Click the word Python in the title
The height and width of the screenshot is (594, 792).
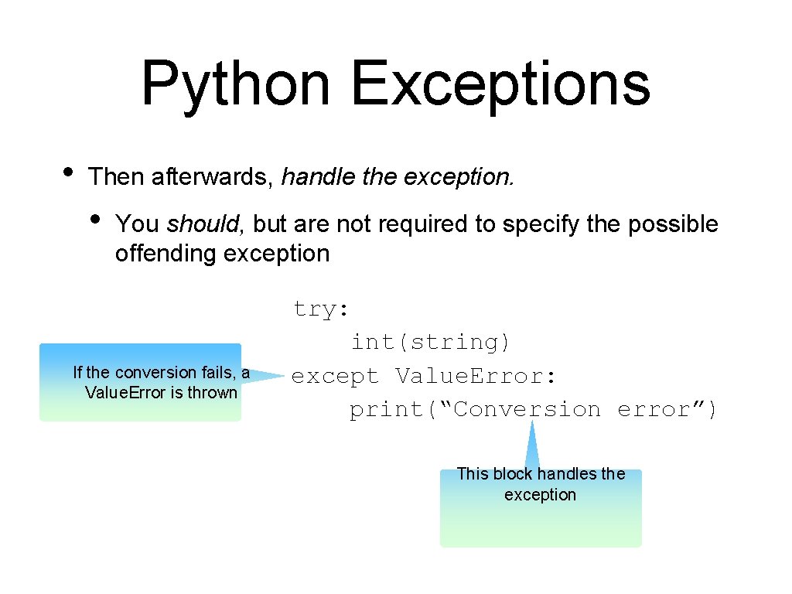(x=235, y=85)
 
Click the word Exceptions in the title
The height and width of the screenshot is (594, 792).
(x=500, y=85)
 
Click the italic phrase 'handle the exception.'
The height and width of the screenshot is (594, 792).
(x=397, y=177)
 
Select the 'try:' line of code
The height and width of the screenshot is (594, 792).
(x=321, y=309)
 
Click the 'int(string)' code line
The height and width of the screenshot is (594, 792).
(x=430, y=342)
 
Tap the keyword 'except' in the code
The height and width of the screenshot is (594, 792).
(x=335, y=376)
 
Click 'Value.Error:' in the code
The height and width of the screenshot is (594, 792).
(x=475, y=376)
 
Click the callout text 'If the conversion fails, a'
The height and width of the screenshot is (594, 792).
(x=161, y=373)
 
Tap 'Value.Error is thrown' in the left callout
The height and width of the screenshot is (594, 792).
(x=161, y=392)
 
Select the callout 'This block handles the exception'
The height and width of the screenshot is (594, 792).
(x=540, y=484)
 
